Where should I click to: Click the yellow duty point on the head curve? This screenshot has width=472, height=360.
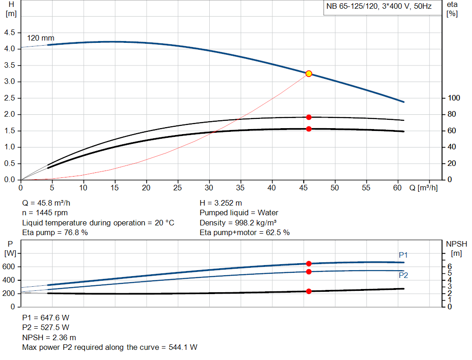309,73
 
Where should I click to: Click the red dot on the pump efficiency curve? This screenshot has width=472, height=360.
309,117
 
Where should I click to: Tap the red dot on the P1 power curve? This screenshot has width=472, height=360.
309,264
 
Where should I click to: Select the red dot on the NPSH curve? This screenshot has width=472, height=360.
309,291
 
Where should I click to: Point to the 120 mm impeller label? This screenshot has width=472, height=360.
41,38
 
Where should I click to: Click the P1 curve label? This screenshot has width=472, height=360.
403,255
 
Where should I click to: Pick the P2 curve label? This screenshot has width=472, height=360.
403,275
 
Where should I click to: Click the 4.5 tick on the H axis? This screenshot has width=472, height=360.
9,32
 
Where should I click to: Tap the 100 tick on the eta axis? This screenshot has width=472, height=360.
454,98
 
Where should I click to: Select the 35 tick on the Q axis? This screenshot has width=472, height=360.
241,188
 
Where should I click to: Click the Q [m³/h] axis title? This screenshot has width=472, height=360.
423,188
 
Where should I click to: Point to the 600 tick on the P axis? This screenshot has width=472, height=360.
10,267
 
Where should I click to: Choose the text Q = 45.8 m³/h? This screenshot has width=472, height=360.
46,203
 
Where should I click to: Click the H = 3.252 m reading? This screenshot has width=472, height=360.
221,203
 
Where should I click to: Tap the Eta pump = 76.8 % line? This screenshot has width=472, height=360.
55,233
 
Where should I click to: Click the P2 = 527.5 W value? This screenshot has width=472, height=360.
46,327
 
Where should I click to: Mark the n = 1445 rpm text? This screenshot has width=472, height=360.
45,213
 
